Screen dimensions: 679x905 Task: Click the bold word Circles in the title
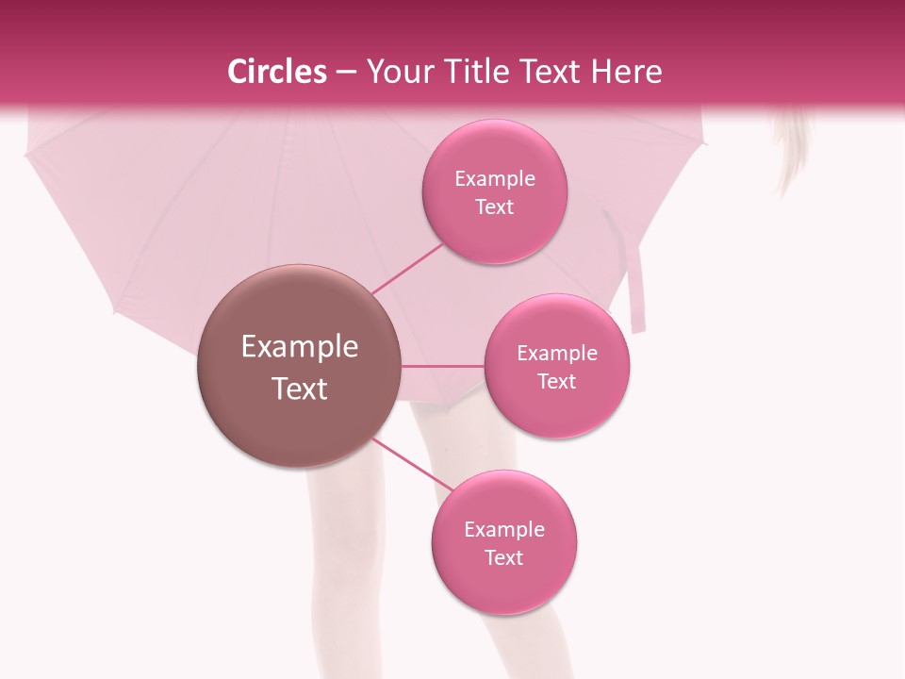tap(277, 72)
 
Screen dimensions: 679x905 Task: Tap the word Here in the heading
tap(627, 72)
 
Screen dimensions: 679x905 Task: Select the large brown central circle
tap(299, 366)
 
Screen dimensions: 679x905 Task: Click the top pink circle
tap(494, 191)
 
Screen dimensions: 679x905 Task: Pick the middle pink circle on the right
tap(556, 366)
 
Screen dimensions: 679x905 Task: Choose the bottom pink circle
tap(504, 542)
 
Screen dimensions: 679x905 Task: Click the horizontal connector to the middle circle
tap(443, 366)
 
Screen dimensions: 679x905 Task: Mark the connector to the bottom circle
tap(412, 464)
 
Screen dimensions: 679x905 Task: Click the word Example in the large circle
tap(299, 347)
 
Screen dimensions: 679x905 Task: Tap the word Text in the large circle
tap(299, 389)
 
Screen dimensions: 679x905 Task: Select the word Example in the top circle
tap(494, 178)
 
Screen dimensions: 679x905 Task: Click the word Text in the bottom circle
tap(503, 557)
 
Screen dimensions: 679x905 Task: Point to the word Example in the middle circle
tap(556, 353)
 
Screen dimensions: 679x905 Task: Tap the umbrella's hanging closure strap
tap(637, 288)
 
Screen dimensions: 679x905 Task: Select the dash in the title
tap(345, 72)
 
